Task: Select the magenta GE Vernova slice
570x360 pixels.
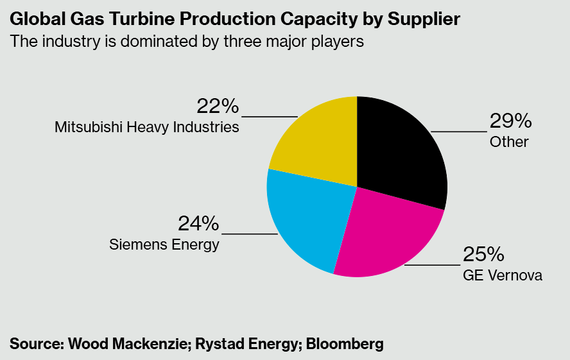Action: [385, 234]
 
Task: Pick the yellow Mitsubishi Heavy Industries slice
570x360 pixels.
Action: [318, 141]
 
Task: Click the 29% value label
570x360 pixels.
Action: [510, 121]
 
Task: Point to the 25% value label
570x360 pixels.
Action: [483, 254]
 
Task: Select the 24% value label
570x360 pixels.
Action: [199, 224]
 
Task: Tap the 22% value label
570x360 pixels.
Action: [218, 106]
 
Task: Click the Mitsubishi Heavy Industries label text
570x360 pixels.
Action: [147, 126]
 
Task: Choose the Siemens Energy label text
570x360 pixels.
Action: [164, 244]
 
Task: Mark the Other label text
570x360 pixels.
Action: [509, 141]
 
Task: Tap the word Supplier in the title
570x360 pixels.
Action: [424, 19]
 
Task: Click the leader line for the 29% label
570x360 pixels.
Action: [459, 132]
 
